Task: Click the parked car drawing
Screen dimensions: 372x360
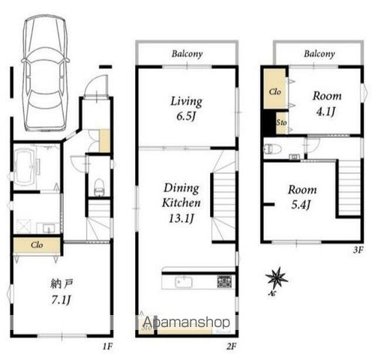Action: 45,73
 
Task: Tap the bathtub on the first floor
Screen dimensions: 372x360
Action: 24,166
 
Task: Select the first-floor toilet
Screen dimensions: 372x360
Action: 99,187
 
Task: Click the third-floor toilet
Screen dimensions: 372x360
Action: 272,149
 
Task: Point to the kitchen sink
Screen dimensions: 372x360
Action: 184,282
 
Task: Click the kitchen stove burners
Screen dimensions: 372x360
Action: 225,281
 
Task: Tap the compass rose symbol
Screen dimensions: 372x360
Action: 276,278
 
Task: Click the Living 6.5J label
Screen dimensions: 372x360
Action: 186,109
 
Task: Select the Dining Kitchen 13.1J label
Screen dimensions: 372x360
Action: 181,203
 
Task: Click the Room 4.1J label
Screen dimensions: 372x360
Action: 327,103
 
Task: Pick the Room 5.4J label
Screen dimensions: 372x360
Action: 302,197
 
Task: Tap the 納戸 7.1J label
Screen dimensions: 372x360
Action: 61,292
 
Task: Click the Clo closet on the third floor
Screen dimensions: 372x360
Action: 275,88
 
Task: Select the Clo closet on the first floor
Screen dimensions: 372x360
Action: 37,244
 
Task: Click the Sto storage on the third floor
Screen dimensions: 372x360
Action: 282,123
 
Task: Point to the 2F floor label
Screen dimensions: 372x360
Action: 231,346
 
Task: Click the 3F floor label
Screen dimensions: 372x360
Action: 358,250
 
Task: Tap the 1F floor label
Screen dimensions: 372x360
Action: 108,346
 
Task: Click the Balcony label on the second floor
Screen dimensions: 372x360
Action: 187,54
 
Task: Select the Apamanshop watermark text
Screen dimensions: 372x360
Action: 187,322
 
